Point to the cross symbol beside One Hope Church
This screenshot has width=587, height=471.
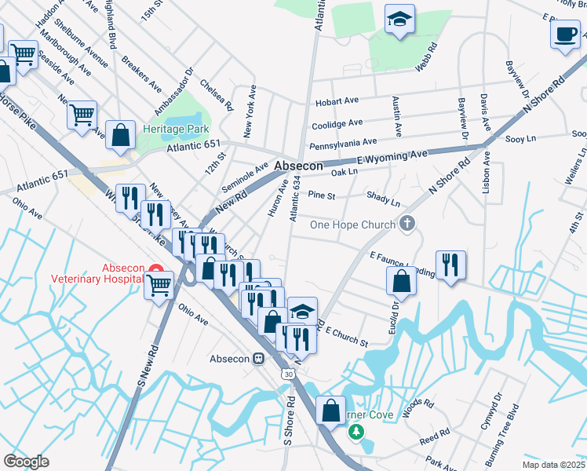pos(406,225)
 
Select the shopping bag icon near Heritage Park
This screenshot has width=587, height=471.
pos(122,135)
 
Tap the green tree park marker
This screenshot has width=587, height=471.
pos(356,431)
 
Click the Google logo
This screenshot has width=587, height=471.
pos(26,461)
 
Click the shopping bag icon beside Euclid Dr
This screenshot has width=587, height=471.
pos(401,282)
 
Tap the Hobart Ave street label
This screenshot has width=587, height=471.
pos(336,102)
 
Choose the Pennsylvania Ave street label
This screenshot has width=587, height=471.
pos(343,144)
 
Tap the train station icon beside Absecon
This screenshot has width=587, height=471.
pos(258,359)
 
